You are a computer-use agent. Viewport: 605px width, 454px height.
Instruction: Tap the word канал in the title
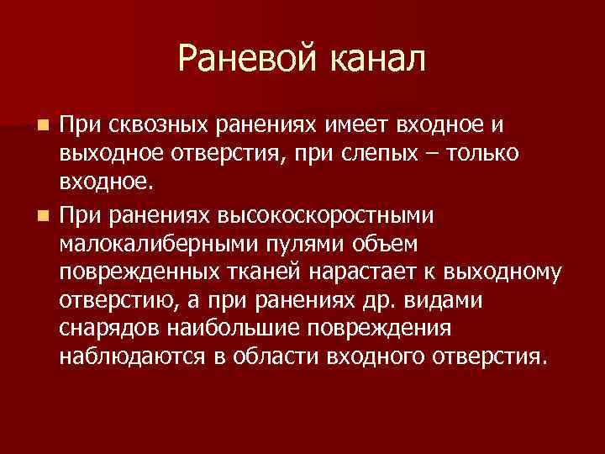[376, 58]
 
